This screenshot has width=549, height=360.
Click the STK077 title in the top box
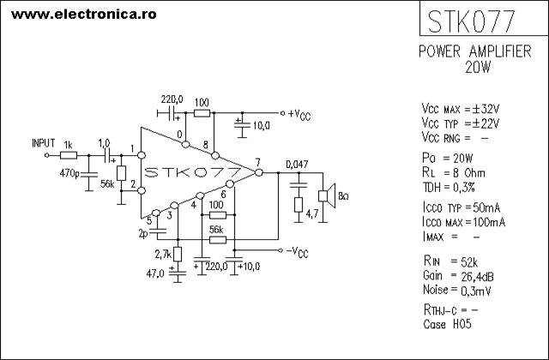471,21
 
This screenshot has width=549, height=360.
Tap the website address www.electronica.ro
84,15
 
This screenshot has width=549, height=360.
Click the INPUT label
44,143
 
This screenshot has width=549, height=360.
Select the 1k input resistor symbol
69,155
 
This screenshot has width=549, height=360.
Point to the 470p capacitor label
69,173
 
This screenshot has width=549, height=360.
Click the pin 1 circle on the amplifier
142,155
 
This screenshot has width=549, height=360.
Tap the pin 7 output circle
259,172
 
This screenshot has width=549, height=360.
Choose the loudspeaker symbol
327,196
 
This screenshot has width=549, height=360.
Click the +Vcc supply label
299,114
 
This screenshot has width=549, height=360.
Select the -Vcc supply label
298,252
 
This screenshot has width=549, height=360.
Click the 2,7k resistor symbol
178,254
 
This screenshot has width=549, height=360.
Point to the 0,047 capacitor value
297,164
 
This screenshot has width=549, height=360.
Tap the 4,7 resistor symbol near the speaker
299,205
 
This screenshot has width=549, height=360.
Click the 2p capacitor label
143,234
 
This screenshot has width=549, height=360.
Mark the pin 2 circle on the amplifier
142,190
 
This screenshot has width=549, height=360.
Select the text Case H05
447,324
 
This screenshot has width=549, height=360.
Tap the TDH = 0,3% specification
449,188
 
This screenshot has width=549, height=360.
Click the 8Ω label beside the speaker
343,196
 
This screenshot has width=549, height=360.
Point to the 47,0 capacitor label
155,273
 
